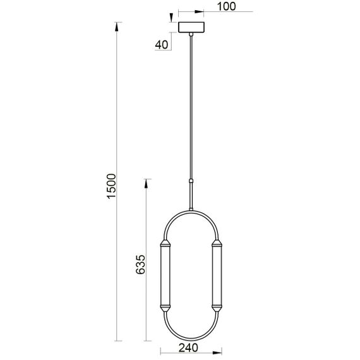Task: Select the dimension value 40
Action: click(x=161, y=45)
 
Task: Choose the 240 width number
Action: click(x=189, y=347)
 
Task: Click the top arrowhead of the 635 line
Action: click(x=147, y=183)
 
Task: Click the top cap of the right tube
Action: click(x=217, y=243)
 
